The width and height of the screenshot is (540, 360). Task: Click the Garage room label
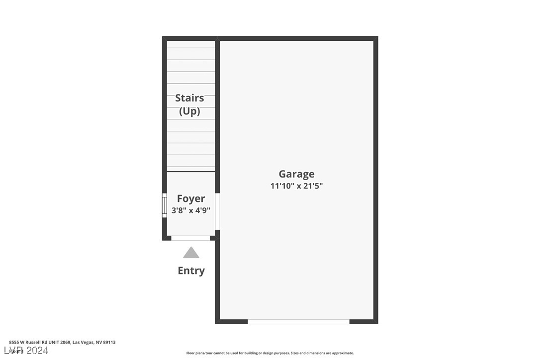(296, 174)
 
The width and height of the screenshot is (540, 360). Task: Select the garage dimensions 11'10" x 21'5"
(296, 186)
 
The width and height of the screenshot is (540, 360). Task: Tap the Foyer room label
(191, 199)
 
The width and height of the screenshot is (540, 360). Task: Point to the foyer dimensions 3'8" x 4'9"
(191, 210)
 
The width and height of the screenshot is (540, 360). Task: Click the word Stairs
(189, 98)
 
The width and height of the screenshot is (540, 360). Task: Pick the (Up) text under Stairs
(189, 111)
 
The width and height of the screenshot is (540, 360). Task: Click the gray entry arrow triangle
(191, 253)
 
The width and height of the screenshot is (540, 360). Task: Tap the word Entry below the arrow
(191, 270)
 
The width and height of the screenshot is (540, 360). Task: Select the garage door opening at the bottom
(298, 322)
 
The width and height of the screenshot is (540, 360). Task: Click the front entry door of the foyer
(190, 238)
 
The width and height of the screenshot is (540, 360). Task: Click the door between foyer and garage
(217, 211)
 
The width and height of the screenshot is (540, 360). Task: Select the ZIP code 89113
(109, 342)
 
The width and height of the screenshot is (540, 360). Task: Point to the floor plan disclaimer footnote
(270, 353)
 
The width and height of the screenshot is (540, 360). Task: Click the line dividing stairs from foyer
(191, 172)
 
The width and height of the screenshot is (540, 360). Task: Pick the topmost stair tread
(191, 44)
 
